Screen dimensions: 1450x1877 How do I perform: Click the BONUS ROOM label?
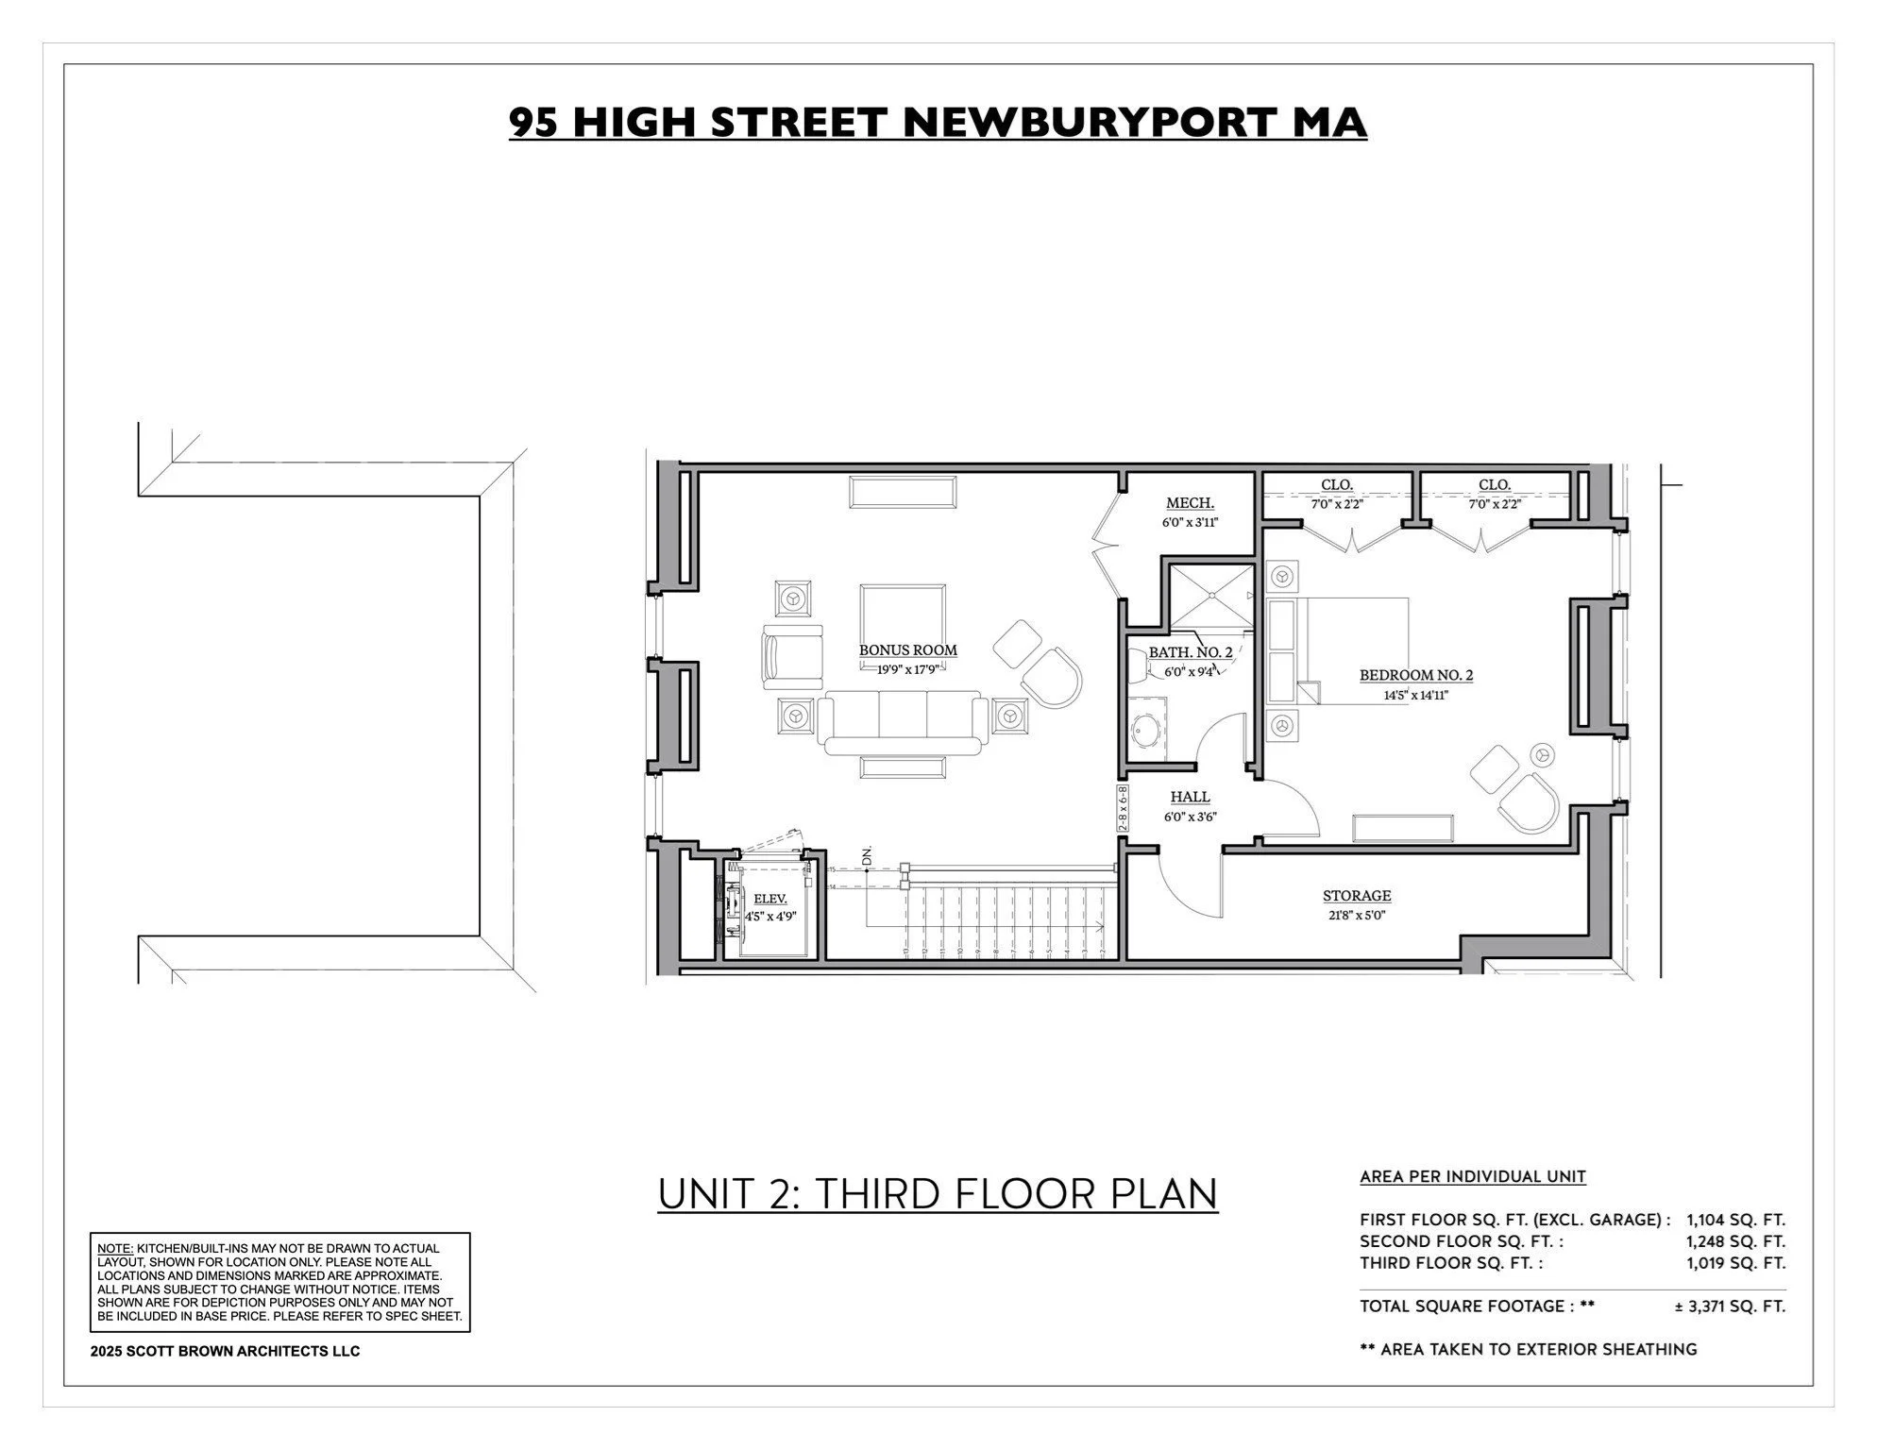[x=907, y=650]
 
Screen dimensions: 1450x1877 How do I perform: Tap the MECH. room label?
[x=1190, y=503]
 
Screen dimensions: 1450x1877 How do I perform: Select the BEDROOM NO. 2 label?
[x=1415, y=675]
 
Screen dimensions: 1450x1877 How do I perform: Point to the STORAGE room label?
[x=1356, y=896]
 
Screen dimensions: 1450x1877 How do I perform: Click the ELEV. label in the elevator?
[x=770, y=899]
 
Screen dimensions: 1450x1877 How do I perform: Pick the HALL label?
[x=1190, y=798]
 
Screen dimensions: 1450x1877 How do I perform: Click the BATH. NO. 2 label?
[x=1190, y=652]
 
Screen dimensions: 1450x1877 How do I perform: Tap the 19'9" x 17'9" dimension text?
[x=906, y=669]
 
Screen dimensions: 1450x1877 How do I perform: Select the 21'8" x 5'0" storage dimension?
[x=1356, y=915]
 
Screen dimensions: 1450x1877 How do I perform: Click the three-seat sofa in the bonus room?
[x=902, y=722]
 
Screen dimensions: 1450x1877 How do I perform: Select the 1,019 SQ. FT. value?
[x=1735, y=1263]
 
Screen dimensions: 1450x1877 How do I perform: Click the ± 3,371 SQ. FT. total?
[x=1730, y=1307]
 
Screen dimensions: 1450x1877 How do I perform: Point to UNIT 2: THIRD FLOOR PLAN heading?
[x=938, y=1193]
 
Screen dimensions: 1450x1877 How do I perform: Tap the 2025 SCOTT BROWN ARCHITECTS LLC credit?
[x=225, y=1351]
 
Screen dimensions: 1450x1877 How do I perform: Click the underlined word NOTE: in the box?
[x=115, y=1248]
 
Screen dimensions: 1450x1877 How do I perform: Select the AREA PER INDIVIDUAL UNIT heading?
[x=1472, y=1177]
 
